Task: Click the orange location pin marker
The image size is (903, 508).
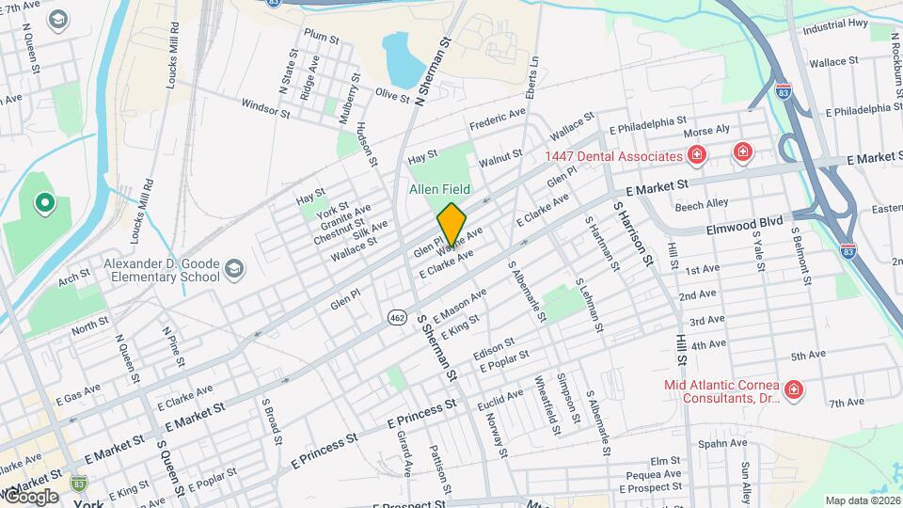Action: [451, 224]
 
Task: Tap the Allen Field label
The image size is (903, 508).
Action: [438, 189]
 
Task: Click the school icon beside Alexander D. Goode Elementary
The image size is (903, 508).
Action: [234, 271]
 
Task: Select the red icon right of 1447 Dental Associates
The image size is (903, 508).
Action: [696, 154]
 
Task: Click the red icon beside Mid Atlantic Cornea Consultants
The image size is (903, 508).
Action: [794, 389]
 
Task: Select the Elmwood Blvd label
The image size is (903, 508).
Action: [744, 225]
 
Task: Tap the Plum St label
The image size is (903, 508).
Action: [321, 35]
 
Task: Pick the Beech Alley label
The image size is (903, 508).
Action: [701, 203]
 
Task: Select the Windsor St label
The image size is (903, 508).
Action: [265, 109]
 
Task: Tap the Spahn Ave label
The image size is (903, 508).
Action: [722, 442]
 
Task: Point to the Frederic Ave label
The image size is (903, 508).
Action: [498, 120]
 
